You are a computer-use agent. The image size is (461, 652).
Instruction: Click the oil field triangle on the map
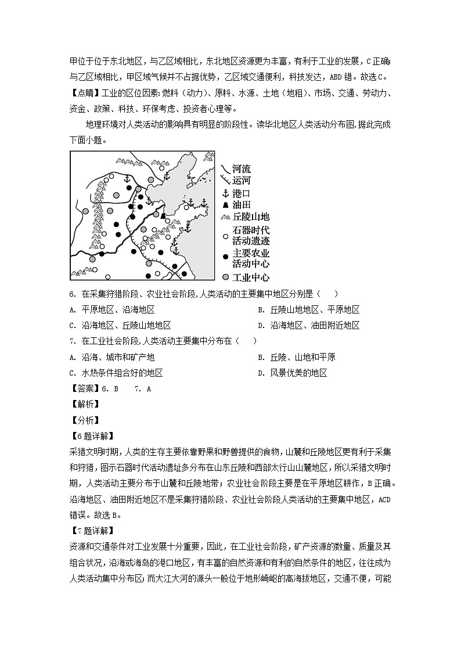point(164,216)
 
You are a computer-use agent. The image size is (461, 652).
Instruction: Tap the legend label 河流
point(241,169)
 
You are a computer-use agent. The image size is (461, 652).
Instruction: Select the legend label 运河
point(241,181)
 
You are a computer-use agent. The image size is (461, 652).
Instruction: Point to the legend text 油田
point(241,205)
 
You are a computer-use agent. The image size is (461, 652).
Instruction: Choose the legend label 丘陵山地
point(250,217)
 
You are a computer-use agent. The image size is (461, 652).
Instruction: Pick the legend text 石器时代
point(251,230)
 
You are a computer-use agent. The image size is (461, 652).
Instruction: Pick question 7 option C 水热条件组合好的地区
point(120,373)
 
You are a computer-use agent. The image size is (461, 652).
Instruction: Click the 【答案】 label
point(84,389)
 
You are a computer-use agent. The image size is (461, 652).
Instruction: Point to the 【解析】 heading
point(84,405)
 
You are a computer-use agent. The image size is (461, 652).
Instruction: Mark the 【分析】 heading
point(84,420)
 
